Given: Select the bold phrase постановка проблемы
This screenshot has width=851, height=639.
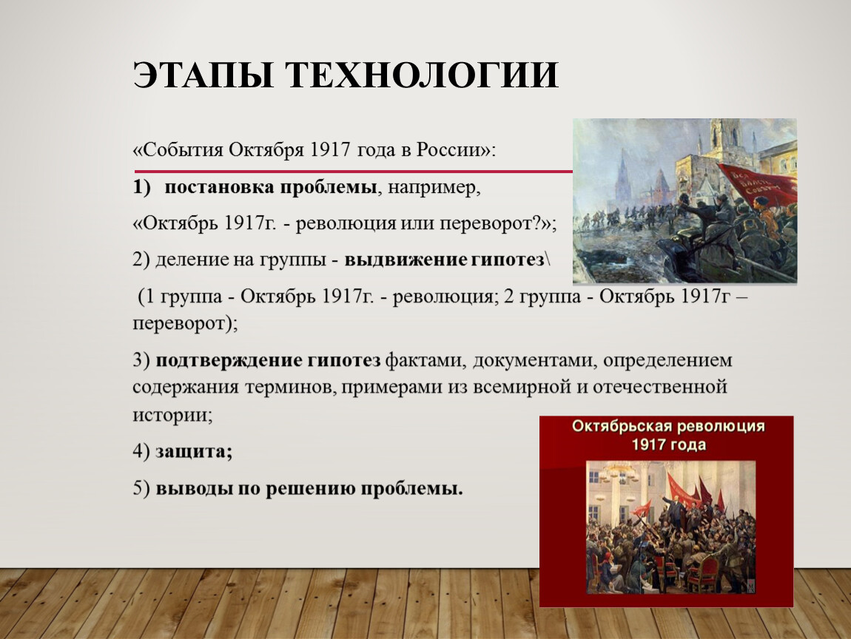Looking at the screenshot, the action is click(x=271, y=188).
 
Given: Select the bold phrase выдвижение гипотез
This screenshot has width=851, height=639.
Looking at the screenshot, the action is click(x=444, y=260).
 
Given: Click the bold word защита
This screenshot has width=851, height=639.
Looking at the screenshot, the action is click(x=194, y=452).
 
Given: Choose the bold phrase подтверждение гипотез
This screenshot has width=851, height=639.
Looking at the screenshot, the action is click(x=268, y=361).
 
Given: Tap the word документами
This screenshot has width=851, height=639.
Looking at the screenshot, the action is click(x=534, y=361).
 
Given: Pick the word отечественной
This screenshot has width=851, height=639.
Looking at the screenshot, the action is click(x=660, y=388).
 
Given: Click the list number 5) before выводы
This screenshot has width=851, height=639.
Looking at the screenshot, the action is click(x=141, y=488).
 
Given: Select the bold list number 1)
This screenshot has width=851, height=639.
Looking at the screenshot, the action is click(x=141, y=188).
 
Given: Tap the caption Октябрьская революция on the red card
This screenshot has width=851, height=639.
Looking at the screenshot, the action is click(x=668, y=426).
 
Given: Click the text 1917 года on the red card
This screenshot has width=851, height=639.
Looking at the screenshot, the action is click(x=669, y=444).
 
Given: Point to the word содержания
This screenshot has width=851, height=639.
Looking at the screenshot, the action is click(x=185, y=388).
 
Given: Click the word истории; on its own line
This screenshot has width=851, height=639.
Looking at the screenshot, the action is click(x=172, y=415).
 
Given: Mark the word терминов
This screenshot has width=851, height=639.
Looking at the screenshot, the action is click(x=289, y=388).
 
